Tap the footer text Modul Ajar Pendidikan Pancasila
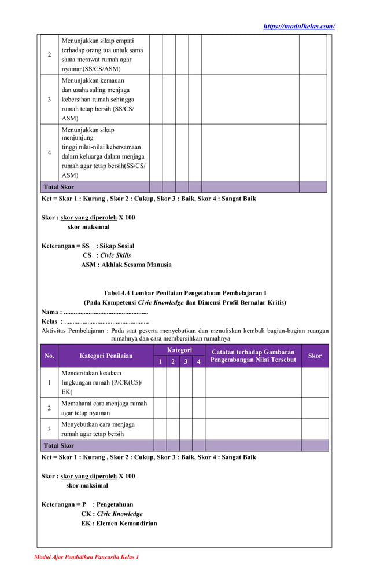(86, 557)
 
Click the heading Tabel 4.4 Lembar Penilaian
(184, 293)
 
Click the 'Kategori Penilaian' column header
(106, 356)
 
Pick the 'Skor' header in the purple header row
(315, 356)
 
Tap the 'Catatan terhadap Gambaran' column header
(253, 356)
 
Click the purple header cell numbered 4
(198, 362)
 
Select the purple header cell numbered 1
(160, 362)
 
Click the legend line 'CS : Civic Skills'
(107, 255)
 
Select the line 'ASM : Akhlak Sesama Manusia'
(126, 265)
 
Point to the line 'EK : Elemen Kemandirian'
(119, 524)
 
